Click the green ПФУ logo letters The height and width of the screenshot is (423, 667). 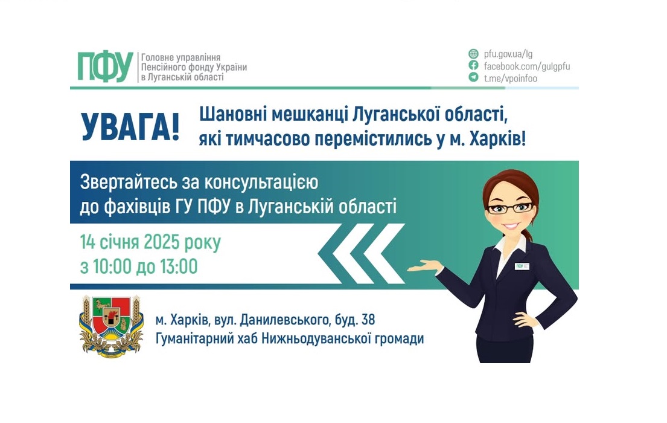tap(105, 66)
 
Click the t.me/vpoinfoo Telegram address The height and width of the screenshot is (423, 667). tap(510, 78)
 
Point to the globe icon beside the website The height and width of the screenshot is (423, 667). tap(474, 53)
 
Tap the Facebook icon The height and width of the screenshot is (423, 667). tap(474, 66)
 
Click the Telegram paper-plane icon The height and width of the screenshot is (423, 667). tap(474, 78)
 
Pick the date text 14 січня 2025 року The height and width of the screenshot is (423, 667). tap(150, 243)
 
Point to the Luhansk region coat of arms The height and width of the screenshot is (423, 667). tap(110, 325)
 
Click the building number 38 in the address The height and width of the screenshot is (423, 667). tap(374, 319)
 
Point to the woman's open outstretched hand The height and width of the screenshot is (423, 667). tap(424, 266)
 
